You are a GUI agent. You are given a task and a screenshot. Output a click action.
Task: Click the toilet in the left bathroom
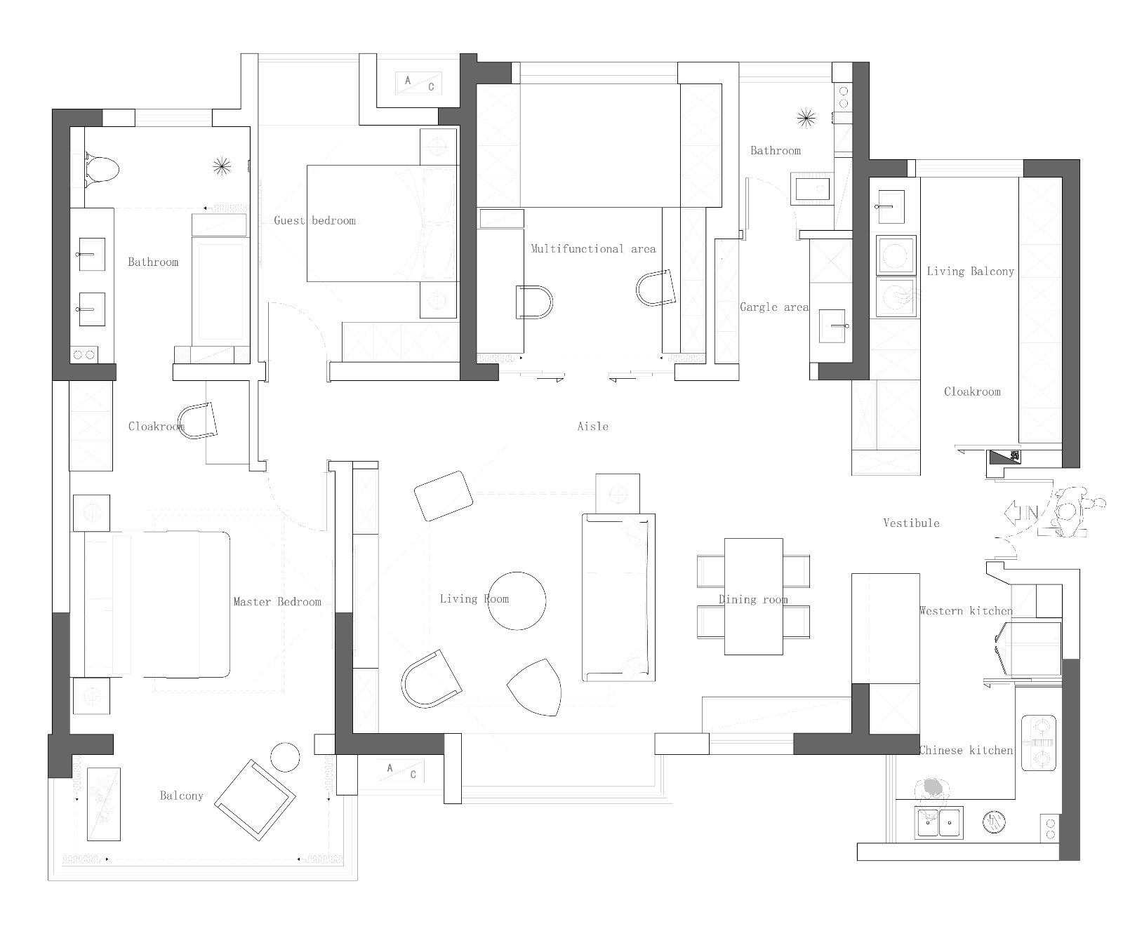coord(101,169)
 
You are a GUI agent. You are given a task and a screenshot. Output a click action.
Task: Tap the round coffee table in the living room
coord(517,601)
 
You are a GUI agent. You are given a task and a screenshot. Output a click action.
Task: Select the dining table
coord(753,596)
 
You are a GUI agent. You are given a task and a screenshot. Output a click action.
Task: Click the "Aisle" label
coord(592,426)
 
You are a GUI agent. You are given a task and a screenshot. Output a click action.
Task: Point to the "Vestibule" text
coord(911,523)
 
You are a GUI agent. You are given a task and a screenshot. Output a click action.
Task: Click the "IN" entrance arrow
coord(1022,513)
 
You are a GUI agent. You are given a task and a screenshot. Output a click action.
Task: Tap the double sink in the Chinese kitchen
coord(939,822)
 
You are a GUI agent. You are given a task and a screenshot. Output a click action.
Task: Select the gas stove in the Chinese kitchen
coord(1039,742)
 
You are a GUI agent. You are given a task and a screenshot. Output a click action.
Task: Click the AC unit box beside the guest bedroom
coord(419,83)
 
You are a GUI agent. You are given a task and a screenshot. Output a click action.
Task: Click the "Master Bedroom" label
coord(277,602)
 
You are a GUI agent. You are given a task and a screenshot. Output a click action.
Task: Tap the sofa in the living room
coord(618,597)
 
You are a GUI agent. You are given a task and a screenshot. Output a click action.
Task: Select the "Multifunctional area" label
coord(593,248)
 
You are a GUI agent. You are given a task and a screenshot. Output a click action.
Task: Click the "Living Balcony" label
coord(971,271)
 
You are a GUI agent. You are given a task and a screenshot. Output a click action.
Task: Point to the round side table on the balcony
coord(285,758)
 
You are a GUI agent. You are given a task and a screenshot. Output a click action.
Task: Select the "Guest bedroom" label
coord(314,220)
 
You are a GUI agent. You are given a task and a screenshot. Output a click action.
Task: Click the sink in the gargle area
coord(833,326)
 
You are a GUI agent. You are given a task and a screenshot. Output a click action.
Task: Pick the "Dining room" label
coord(753,599)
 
